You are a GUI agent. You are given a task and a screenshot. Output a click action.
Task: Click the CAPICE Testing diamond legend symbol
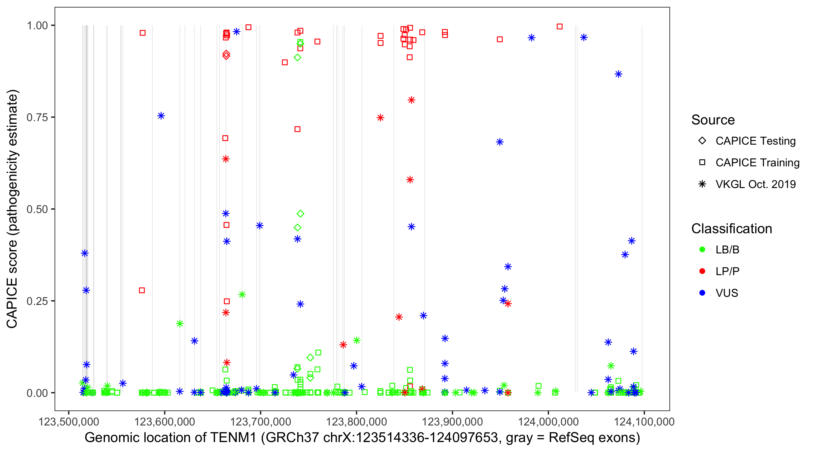coord(702,140)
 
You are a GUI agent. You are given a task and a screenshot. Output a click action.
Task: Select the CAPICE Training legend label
coord(757,162)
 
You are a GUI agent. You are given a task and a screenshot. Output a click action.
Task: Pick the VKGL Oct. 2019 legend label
coord(755,184)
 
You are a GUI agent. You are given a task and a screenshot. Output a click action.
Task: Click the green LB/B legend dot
coord(702,250)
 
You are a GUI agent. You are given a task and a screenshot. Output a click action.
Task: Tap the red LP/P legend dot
coord(702,271)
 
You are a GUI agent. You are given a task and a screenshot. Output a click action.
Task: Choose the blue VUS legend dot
coord(702,293)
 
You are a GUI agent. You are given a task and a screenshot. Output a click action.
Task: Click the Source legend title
coord(713,120)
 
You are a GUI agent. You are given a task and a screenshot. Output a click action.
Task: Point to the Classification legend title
coord(731,229)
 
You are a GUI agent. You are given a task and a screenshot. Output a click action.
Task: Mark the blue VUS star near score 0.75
coord(161,116)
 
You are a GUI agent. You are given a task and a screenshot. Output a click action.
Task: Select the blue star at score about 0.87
coord(618,74)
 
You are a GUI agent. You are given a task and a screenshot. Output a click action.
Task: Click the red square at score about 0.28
coord(142,290)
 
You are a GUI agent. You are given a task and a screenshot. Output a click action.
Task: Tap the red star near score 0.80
coord(411,100)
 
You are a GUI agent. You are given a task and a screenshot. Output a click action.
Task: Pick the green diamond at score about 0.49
coord(300,214)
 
